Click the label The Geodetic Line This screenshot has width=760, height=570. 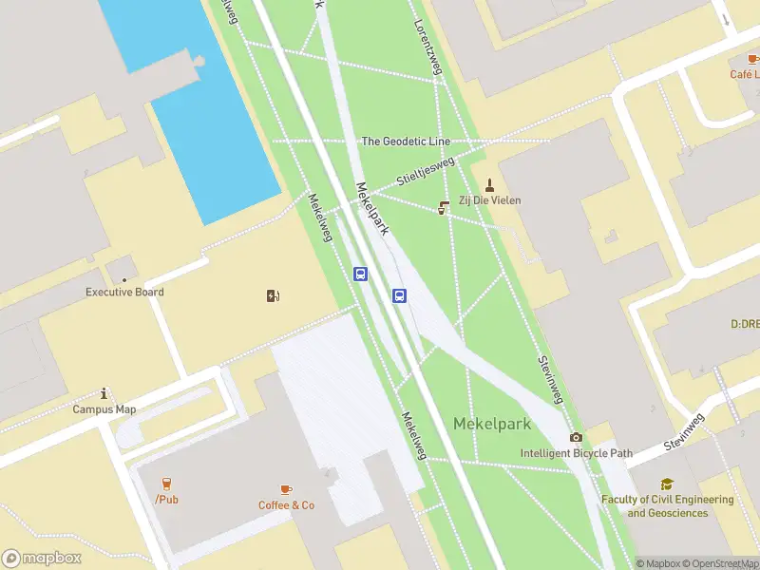click(406, 142)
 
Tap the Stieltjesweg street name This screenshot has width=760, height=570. click(426, 171)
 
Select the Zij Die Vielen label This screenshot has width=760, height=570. click(490, 200)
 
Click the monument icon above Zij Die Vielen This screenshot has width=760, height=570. click(490, 184)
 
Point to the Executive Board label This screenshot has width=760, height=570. click(124, 292)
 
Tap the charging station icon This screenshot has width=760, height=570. click(274, 295)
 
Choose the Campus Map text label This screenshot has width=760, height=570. click(104, 409)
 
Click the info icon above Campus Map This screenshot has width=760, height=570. click(104, 392)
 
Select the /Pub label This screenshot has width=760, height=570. click(166, 499)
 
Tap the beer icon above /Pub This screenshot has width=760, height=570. click(166, 483)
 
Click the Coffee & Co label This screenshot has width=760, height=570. click(286, 505)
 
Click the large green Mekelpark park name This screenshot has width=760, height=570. click(492, 424)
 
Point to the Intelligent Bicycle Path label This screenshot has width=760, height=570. click(576, 453)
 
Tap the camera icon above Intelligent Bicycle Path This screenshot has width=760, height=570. click(576, 437)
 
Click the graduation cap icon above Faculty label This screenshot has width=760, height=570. click(667, 484)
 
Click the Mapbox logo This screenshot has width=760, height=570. click(42, 559)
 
